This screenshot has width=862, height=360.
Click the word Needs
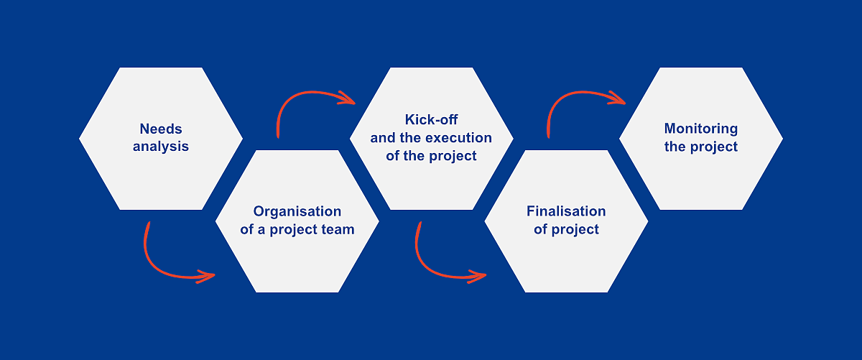tap(161, 129)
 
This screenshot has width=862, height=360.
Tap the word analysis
tap(161, 147)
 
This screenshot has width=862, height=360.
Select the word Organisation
tap(297, 212)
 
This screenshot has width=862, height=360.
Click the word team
tap(338, 229)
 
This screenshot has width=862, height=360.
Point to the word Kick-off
tap(432, 120)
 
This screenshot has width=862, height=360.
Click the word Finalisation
tap(566, 211)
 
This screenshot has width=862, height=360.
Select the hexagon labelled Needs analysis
tap(161, 139)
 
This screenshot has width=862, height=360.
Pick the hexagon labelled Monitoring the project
tap(701, 139)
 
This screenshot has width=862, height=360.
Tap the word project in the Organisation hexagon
tap(294, 230)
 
